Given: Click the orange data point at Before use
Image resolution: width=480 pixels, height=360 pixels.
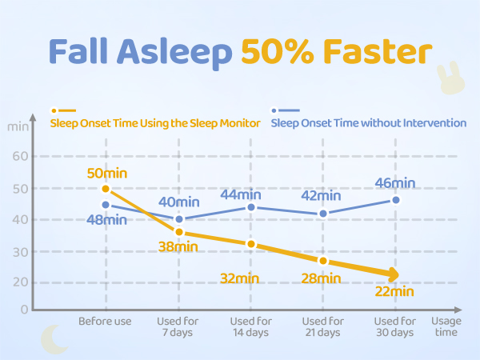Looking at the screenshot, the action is pos(106,189).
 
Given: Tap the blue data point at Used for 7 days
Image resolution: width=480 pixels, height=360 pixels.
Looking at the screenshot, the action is pos(179,219).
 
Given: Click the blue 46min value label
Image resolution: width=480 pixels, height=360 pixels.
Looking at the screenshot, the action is pos(395,183).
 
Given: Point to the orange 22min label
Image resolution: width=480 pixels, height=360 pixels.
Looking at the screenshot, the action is pos(394,291).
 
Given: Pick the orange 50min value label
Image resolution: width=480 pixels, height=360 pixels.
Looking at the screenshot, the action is pos(107,174).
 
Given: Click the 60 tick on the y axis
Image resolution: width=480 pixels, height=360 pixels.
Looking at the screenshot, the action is pos(20,157).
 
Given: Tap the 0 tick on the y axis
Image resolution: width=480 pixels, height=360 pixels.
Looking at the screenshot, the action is pos(25,310).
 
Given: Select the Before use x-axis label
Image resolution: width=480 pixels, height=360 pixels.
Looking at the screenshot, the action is pos(105,321).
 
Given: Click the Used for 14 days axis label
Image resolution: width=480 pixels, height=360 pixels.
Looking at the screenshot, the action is pos(251,326).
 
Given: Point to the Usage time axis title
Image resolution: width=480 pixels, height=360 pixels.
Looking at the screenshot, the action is pos(446,326).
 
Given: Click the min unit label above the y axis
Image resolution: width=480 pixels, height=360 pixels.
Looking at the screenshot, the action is pos(18,126).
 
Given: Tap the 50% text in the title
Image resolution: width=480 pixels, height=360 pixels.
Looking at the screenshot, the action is pos(278,51).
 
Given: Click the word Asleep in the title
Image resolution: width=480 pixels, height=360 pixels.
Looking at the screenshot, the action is pos(174,53).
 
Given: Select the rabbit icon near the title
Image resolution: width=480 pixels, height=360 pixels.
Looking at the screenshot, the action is pos(450,78).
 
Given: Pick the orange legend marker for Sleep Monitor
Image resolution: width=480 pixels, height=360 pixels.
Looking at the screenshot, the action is pos(63,110).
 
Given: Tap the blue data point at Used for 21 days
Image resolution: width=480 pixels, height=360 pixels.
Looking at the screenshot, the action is pos(323,214).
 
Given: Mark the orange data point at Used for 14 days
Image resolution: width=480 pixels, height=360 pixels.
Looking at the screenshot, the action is pos(251,244).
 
